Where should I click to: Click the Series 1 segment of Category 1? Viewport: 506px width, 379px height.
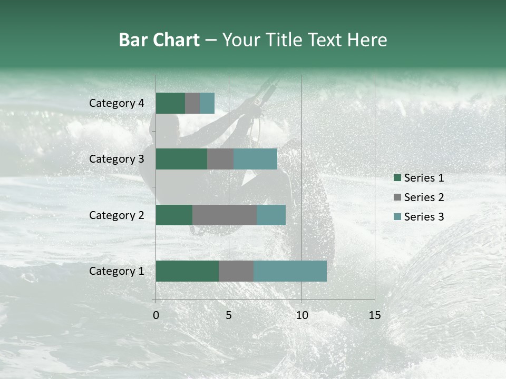[x=187, y=271]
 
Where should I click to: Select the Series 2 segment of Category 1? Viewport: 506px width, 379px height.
[x=236, y=271]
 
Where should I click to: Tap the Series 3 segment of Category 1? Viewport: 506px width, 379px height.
[x=290, y=271]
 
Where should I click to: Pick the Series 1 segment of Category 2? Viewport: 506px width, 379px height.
[x=174, y=215]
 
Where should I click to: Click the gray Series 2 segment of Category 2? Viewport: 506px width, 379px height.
[x=225, y=215]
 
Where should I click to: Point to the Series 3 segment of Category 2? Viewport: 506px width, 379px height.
[x=271, y=215]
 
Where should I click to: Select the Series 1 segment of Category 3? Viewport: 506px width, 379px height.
[x=181, y=159]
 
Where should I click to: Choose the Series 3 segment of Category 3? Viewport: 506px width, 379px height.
[x=255, y=159]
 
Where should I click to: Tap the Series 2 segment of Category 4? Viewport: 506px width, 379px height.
[x=192, y=103]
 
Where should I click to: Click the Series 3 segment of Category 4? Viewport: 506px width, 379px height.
[x=207, y=103]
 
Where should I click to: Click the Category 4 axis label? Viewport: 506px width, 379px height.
[x=116, y=103]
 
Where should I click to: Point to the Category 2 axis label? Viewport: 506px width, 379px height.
[x=116, y=215]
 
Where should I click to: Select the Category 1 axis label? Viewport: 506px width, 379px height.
[x=116, y=271]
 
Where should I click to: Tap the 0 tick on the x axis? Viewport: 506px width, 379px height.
[x=156, y=315]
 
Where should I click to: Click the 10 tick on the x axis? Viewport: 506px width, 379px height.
[x=301, y=315]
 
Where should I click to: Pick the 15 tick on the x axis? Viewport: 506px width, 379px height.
[x=375, y=315]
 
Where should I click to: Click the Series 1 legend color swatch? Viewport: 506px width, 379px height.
[x=397, y=178]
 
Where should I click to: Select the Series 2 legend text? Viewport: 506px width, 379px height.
[x=424, y=197]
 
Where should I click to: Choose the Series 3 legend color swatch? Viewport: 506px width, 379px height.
[x=397, y=217]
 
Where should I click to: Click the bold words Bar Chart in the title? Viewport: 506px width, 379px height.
[x=159, y=40]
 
